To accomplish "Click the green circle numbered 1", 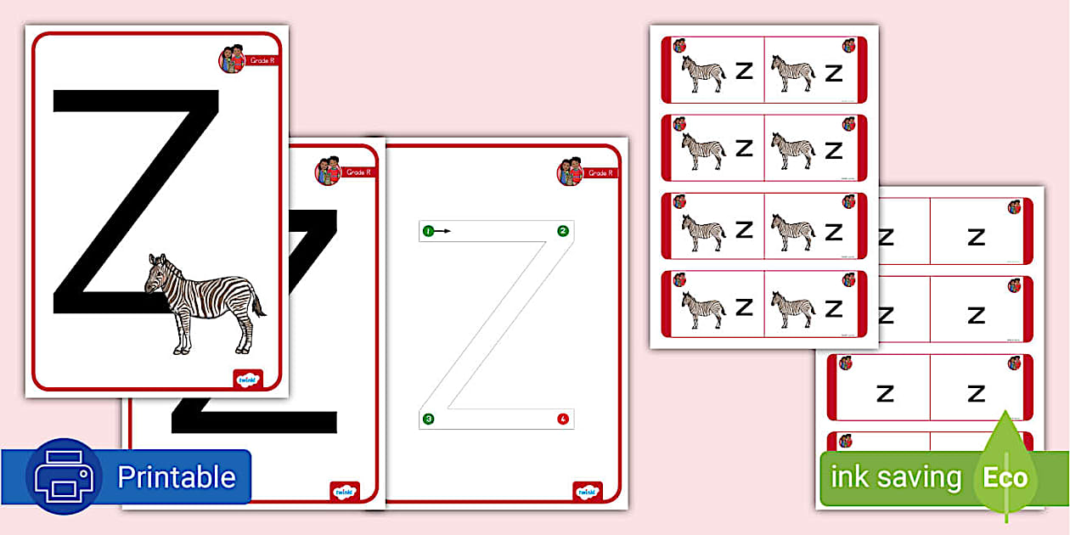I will pyautogui.click(x=428, y=231).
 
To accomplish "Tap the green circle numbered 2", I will pyautogui.click(x=562, y=231).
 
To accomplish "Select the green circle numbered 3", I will pyautogui.click(x=429, y=419).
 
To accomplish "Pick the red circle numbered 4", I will pyautogui.click(x=562, y=419).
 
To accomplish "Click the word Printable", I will pyautogui.click(x=176, y=477).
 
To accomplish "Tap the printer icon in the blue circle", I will pyautogui.click(x=64, y=476).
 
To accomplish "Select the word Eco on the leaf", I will pyautogui.click(x=1005, y=477).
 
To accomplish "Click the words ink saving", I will pyautogui.click(x=895, y=477).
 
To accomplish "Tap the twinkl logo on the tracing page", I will pyautogui.click(x=587, y=492).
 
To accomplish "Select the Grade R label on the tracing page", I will pyautogui.click(x=600, y=173).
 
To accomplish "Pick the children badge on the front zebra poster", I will pyautogui.click(x=232, y=59).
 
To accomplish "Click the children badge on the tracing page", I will pyautogui.click(x=570, y=172).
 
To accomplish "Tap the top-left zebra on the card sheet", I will pyautogui.click(x=704, y=74).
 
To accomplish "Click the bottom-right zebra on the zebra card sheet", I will pyautogui.click(x=793, y=309).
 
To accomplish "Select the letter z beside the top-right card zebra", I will pyautogui.click(x=834, y=73).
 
